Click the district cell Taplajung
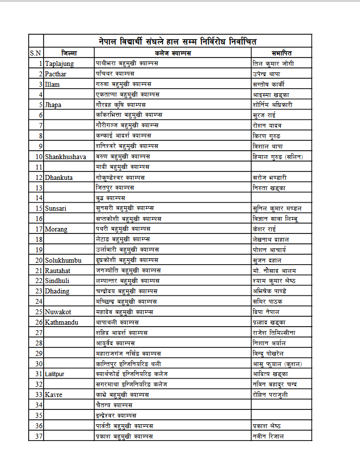pyautogui.click(x=59, y=63)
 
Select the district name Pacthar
pyautogui.click(x=55, y=74)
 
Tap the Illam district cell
pyautogui.click(x=53, y=84)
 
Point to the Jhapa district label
pyautogui.click(x=53, y=105)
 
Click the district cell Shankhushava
pyautogui.click(x=65, y=157)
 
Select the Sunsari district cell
pyautogui.click(x=55, y=208)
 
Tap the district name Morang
pyautogui.click(x=56, y=229)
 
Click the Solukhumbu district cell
pyautogui.click(x=62, y=260)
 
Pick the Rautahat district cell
pyautogui.click(x=58, y=270)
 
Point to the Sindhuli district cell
pyautogui.click(x=57, y=281)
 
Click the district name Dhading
pyautogui.click(x=57, y=291)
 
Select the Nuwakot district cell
pyautogui.click(x=58, y=312)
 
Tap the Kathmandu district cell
pyautogui.click(x=61, y=322)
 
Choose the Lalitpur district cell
pyautogui.click(x=57, y=374)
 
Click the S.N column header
pyautogui.click(x=36, y=53)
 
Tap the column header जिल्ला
pyautogui.click(x=69, y=53)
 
